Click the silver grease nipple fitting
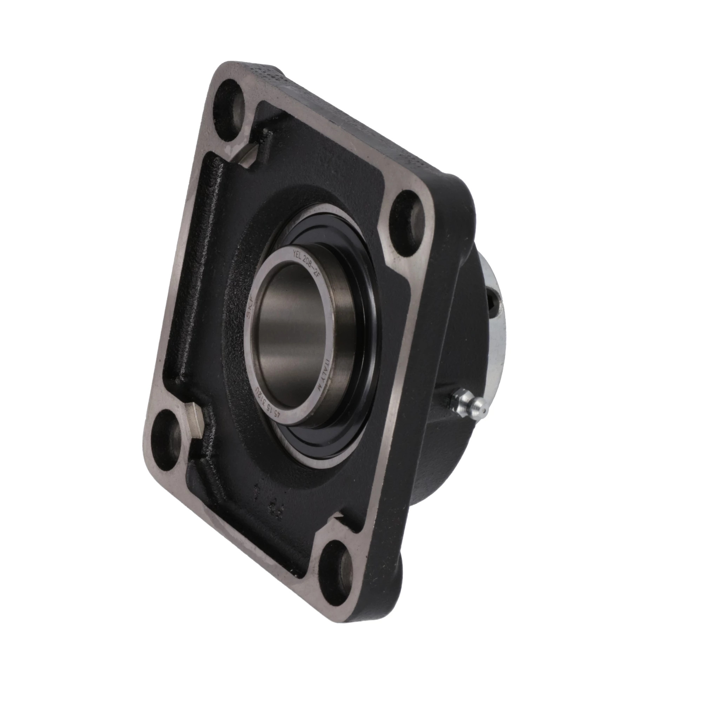click(x=469, y=404)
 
